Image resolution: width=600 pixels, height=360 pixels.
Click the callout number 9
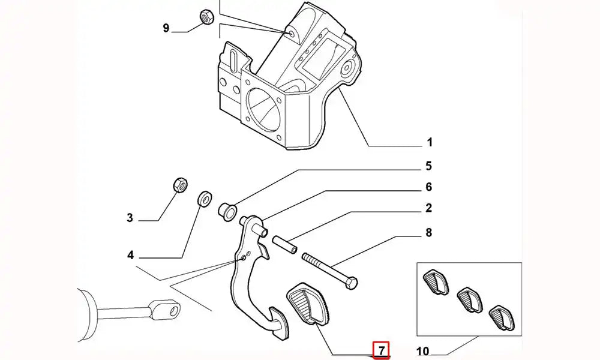pyautogui.click(x=166, y=28)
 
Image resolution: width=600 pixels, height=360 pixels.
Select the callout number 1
pyautogui.click(x=430, y=143)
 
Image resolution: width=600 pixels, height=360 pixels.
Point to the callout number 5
pyautogui.click(x=429, y=166)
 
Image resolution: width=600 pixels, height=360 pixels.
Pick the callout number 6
pyautogui.click(x=429, y=187)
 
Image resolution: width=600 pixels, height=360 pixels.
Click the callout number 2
pyautogui.click(x=429, y=208)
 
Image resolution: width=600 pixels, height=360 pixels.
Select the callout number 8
pyautogui.click(x=429, y=233)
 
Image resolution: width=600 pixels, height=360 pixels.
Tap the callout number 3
pyautogui.click(x=130, y=218)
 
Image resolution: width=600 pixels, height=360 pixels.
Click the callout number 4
pyautogui.click(x=130, y=256)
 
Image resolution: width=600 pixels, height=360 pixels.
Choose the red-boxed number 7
pyautogui.click(x=381, y=349)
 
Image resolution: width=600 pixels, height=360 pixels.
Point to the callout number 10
pyautogui.click(x=422, y=350)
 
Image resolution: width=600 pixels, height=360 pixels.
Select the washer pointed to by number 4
pyautogui.click(x=205, y=197)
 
